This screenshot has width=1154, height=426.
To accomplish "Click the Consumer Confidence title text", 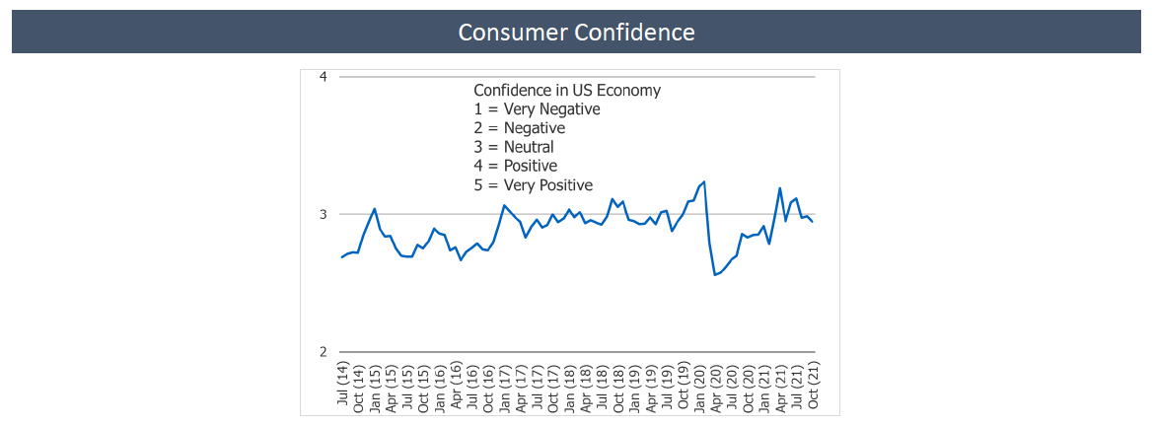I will tap(576, 32).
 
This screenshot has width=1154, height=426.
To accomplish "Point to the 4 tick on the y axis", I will tap(324, 77).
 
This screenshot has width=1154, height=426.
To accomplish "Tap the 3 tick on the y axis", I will tap(324, 214).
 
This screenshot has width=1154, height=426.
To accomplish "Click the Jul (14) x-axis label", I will tap(343, 386).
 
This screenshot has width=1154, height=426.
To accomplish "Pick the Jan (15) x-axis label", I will tap(376, 386).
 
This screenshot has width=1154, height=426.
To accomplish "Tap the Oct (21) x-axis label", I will tap(813, 386).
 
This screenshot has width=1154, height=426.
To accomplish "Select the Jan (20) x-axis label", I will tap(699, 386).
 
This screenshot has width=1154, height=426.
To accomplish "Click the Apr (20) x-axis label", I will tap(716, 386).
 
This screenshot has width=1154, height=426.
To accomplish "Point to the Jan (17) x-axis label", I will tap(505, 386).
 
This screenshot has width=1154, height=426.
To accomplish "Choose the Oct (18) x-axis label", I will tap(618, 386).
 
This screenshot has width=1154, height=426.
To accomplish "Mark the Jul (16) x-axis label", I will tap(472, 386).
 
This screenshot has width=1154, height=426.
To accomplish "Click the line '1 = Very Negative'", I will tap(537, 108).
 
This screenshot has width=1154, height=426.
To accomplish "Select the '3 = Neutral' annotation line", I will tap(514, 147).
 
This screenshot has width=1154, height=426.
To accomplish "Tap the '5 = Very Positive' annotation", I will tap(533, 184).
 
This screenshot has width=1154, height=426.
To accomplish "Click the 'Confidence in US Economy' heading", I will tap(567, 90).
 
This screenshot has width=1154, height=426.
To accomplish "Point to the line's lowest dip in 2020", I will tap(715, 275).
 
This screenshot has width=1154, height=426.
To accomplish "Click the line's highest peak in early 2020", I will tap(704, 181).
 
